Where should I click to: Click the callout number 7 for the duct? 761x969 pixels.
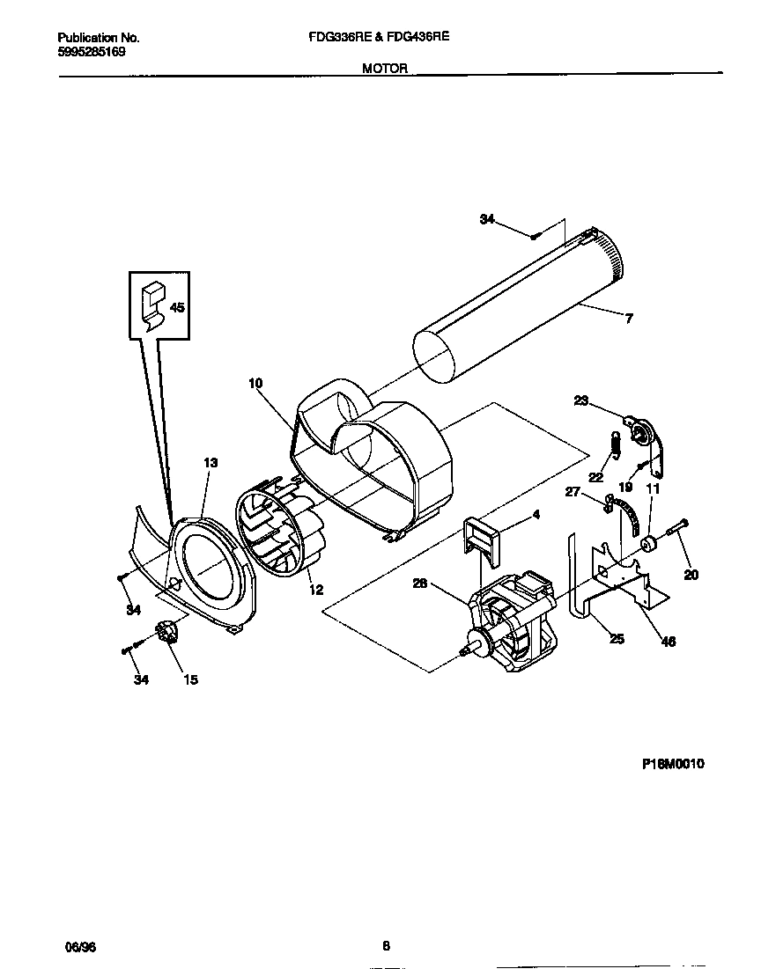[x=628, y=319]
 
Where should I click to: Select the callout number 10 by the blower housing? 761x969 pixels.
[x=255, y=383]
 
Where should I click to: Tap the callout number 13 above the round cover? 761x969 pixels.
[x=211, y=463]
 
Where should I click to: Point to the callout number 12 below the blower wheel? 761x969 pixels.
[x=315, y=590]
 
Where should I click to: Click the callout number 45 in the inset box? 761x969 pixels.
[x=177, y=308]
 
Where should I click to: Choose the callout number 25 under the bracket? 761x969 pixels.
[x=617, y=639]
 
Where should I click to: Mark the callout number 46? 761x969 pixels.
[x=669, y=642]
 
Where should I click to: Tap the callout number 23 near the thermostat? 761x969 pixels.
[x=580, y=401]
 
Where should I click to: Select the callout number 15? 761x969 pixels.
[x=189, y=679]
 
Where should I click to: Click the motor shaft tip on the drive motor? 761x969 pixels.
[x=463, y=652]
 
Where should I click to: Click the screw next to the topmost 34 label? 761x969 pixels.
[x=535, y=235]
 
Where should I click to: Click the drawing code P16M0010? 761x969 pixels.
[x=672, y=764]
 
